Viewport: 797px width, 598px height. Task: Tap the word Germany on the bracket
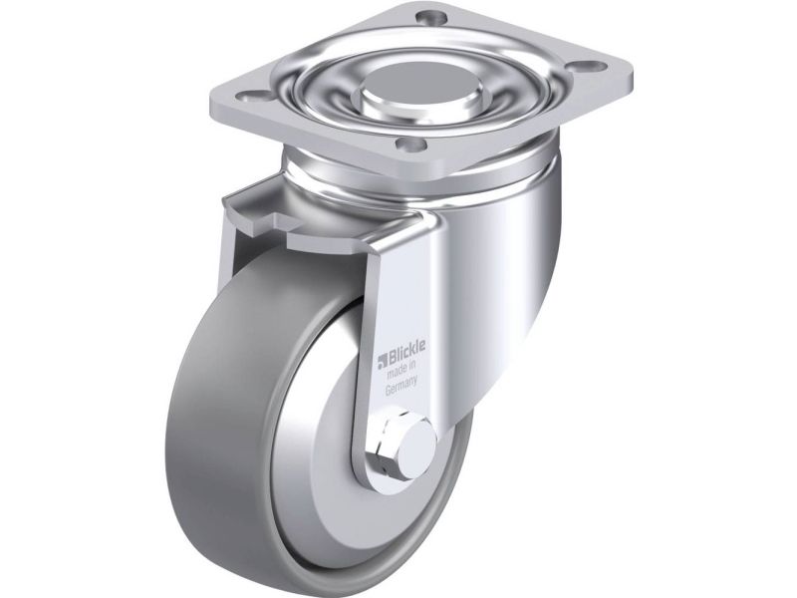pyautogui.click(x=400, y=385)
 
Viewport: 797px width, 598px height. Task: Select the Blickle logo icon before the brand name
pyautogui.click(x=382, y=362)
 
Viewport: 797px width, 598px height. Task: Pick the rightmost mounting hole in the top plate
pyautogui.click(x=591, y=66)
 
